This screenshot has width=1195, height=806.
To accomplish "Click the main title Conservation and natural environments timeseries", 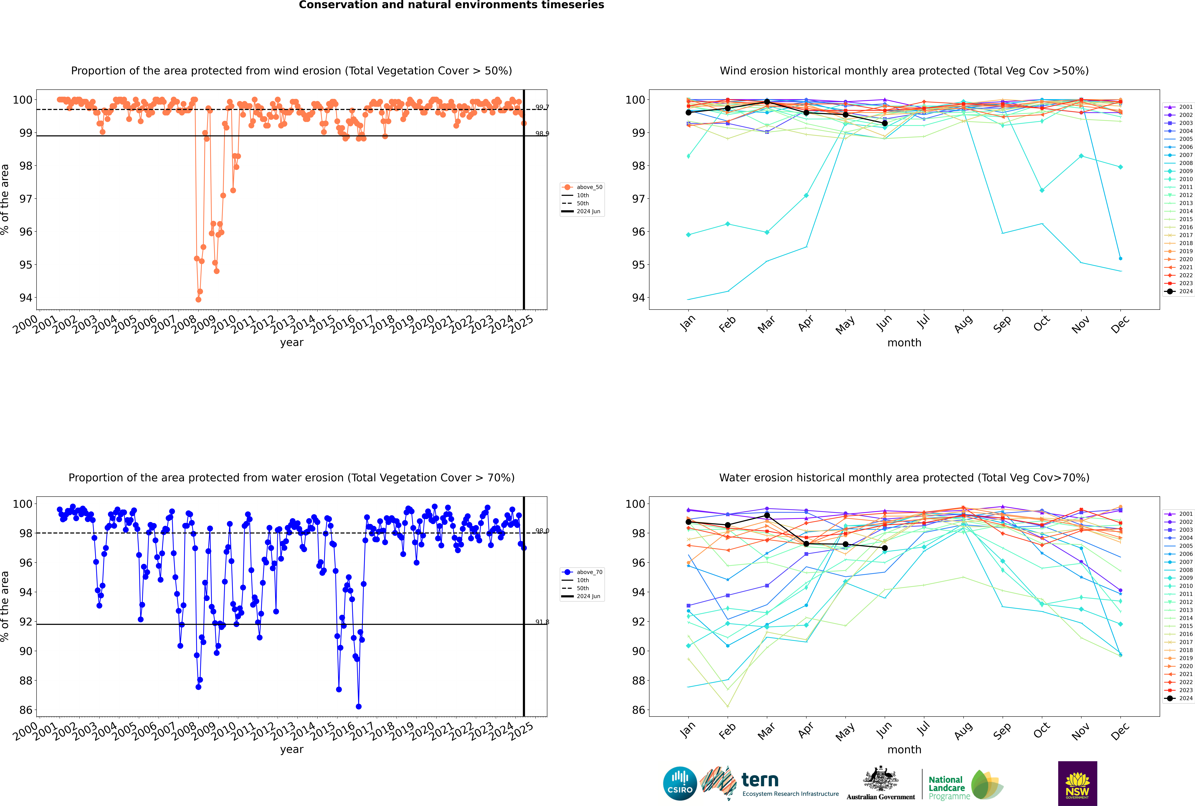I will [451, 5].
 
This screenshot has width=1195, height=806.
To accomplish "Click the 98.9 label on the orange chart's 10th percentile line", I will [542, 134].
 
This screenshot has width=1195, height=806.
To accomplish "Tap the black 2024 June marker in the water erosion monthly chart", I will [885, 548].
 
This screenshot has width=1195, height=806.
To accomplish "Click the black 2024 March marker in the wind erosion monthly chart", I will [767, 102].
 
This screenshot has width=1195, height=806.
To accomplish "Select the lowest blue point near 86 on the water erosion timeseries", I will [359, 706].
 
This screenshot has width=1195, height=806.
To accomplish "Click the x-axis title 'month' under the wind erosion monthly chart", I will [904, 343].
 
